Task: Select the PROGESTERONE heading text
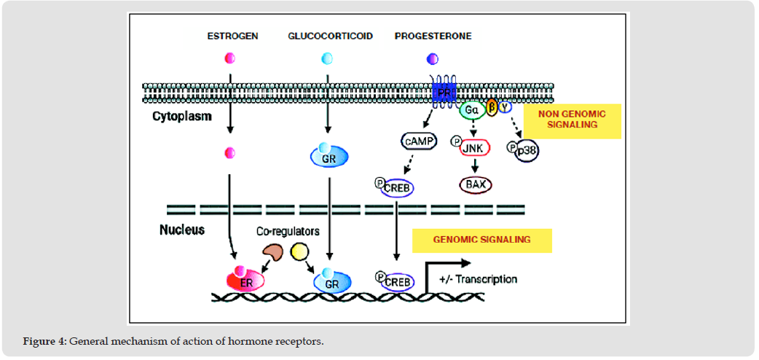coord(433,36)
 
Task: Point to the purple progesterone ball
coord(432,58)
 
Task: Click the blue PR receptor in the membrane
coord(441,93)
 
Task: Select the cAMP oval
coord(418,141)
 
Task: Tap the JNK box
coord(475,148)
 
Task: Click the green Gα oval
coord(471,110)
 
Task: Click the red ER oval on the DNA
coord(244,280)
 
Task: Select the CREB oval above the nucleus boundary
coord(397,189)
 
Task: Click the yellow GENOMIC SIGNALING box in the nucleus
coord(481,240)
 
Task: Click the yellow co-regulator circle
coord(300,253)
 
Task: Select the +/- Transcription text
coord(478,278)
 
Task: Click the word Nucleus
coord(182,230)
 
